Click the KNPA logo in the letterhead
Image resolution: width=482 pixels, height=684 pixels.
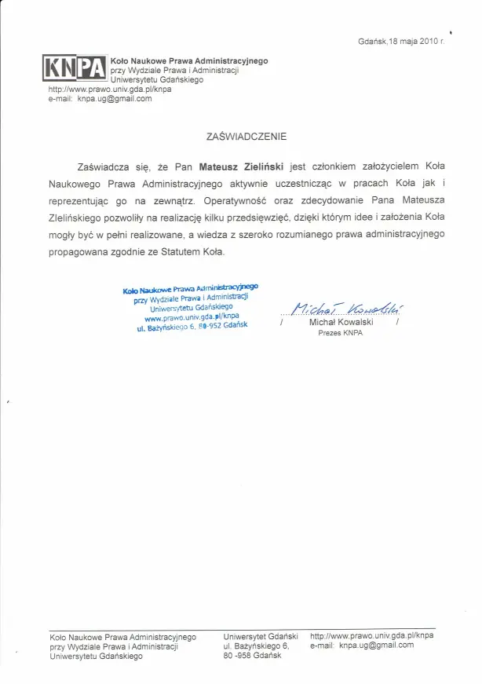pos(75,69)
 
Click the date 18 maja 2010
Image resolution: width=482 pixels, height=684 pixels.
pos(411,41)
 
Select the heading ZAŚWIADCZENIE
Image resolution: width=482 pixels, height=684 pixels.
pos(246,136)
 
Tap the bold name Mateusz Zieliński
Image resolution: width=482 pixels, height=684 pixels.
pos(242,167)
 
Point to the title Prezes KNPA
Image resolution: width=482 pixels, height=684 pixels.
pos(340,333)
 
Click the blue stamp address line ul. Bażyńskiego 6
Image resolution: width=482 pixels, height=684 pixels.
pos(192,327)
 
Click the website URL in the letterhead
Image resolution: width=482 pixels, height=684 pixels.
pos(110,90)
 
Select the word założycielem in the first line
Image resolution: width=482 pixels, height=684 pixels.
pos(379,167)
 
